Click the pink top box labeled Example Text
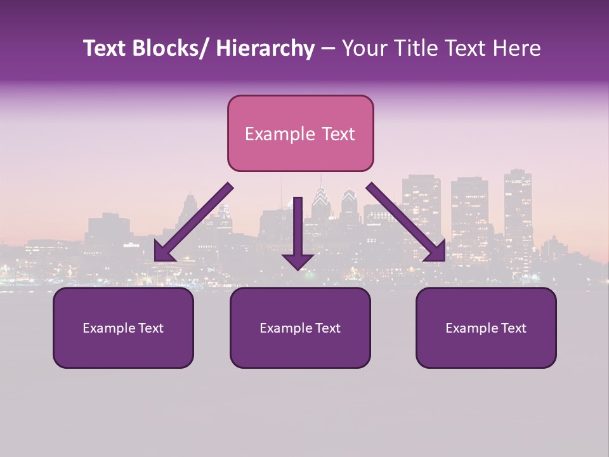point(300,133)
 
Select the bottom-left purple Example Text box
point(123,328)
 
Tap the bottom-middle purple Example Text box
point(300,328)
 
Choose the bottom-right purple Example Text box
point(486,328)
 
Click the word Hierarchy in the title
point(265,48)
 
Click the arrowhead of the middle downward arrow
point(298,260)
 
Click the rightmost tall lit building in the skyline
point(518,216)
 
